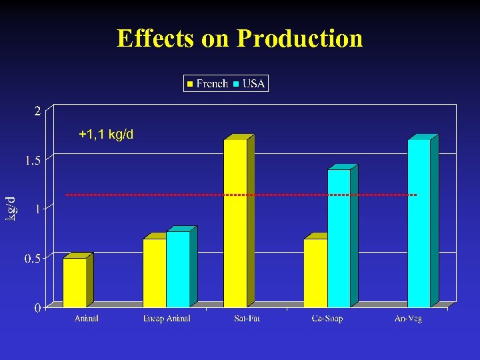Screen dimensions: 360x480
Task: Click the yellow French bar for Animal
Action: tap(75, 282)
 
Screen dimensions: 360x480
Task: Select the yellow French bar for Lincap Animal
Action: tap(155, 273)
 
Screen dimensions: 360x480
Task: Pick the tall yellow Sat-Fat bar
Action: tap(235, 223)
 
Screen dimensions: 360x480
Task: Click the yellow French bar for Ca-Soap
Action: tap(315, 273)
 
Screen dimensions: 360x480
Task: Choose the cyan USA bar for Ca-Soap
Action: tap(339, 238)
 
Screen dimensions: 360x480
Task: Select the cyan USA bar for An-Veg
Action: tap(419, 223)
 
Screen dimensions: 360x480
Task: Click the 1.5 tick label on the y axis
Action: tap(33, 160)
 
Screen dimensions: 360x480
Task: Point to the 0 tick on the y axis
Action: tap(37, 307)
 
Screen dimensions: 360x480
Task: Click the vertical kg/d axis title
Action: tap(11, 209)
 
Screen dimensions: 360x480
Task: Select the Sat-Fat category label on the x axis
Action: tap(247, 319)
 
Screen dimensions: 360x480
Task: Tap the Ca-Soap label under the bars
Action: tap(327, 319)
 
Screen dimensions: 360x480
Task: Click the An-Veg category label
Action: tap(408, 319)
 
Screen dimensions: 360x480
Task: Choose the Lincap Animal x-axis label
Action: tap(167, 319)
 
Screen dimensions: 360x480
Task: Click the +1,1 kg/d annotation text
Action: tap(106, 135)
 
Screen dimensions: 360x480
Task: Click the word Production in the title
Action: tap(299, 38)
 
